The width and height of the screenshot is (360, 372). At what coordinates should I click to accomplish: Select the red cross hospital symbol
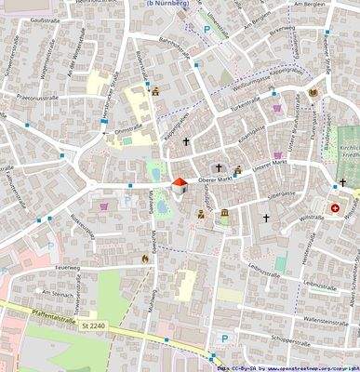tap(336, 208)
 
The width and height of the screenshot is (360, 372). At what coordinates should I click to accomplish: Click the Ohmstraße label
tap(128, 131)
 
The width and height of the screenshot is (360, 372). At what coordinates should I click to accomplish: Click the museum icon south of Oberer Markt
tap(223, 215)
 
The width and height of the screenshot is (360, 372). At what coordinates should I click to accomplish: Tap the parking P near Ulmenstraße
tap(206, 29)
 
